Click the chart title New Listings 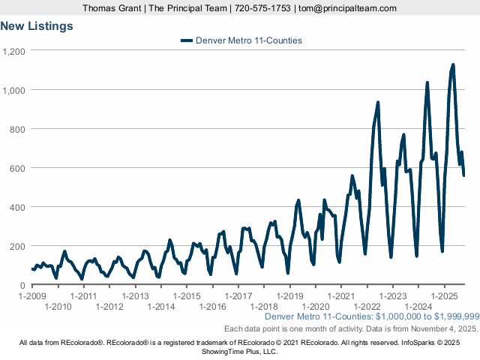pos(37,26)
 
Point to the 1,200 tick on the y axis pos(14,51)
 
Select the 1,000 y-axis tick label pos(14,90)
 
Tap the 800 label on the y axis pos(18,129)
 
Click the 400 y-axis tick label pos(18,207)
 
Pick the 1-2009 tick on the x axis pos(32,295)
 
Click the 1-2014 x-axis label pos(161,306)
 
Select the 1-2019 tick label pos(290,295)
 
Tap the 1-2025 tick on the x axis pos(445,295)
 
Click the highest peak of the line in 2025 pos(453,65)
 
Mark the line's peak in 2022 pos(378,103)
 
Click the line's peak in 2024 pos(427,83)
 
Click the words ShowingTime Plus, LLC pos(240,351)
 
